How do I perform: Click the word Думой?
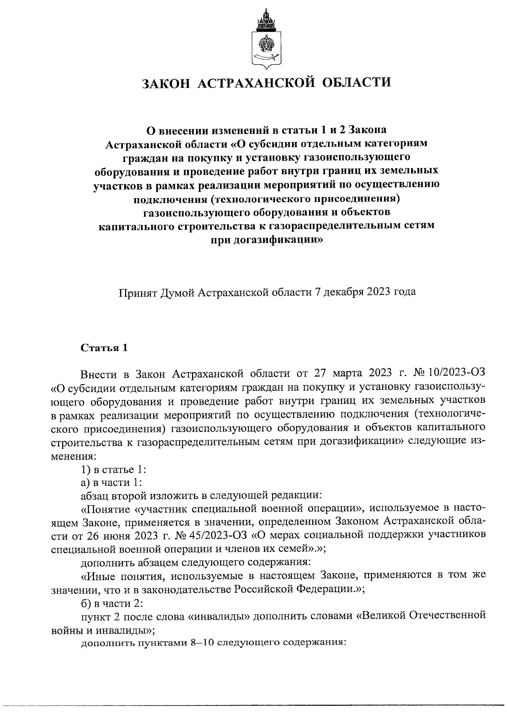point(177,292)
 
